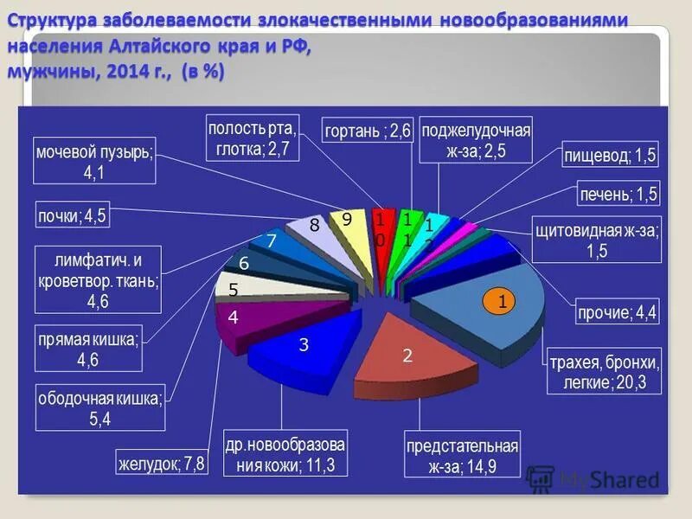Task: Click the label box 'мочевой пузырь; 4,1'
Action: point(94,160)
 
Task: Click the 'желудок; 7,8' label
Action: point(163,463)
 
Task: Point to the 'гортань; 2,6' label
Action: point(367,131)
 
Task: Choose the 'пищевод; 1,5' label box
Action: point(611,156)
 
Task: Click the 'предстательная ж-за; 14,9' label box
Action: point(463,456)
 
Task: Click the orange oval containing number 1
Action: point(500,300)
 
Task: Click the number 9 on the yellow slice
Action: point(346,221)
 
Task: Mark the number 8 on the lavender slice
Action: point(315,226)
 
